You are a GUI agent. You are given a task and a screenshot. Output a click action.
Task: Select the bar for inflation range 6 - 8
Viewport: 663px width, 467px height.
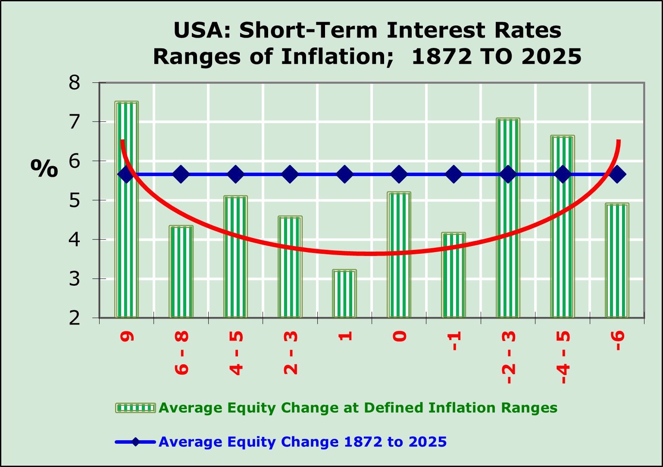click(181, 272)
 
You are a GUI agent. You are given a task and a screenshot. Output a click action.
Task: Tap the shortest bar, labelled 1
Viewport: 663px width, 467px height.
click(344, 293)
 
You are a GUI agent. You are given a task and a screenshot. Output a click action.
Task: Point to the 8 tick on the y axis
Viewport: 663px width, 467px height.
click(75, 82)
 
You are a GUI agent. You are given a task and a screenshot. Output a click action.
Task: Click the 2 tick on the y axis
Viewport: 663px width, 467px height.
click(75, 318)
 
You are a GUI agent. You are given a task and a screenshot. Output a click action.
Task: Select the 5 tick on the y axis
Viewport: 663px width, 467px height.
click(75, 200)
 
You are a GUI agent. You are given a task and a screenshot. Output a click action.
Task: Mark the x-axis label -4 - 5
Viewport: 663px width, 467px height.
click(563, 357)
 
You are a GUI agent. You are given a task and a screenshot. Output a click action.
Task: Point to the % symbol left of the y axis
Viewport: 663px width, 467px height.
click(44, 168)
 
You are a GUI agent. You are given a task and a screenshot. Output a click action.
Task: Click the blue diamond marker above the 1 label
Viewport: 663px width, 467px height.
click(344, 174)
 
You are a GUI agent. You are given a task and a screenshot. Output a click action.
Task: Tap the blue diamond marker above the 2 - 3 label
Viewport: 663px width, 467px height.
click(290, 174)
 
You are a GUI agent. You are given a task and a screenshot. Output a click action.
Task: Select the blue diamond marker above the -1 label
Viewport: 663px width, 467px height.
click(453, 174)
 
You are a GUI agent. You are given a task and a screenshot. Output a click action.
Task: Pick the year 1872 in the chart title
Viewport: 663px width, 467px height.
click(442, 57)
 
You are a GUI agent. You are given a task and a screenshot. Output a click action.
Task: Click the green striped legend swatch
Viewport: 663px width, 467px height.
click(135, 407)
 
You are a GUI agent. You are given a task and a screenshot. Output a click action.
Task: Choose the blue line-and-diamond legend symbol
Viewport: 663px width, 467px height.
click(135, 442)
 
